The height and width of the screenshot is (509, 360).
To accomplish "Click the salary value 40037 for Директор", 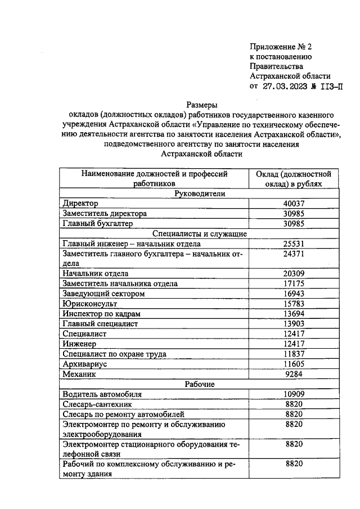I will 294,203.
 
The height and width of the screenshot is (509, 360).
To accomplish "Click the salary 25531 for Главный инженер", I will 294,244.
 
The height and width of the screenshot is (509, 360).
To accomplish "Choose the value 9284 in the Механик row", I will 294,374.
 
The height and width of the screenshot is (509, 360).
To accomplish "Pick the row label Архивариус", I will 85,364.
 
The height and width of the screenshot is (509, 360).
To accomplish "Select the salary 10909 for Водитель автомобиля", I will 294,395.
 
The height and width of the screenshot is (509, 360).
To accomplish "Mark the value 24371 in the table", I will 294,254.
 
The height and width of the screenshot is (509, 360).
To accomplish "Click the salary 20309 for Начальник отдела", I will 294,273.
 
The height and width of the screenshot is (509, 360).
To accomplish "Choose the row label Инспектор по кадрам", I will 101,314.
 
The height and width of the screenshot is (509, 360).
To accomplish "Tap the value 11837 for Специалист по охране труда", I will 294,354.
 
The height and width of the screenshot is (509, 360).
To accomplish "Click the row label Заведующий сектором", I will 104,294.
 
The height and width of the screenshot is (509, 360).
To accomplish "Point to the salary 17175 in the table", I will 294,283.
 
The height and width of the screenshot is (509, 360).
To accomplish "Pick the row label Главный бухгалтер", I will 98,223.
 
